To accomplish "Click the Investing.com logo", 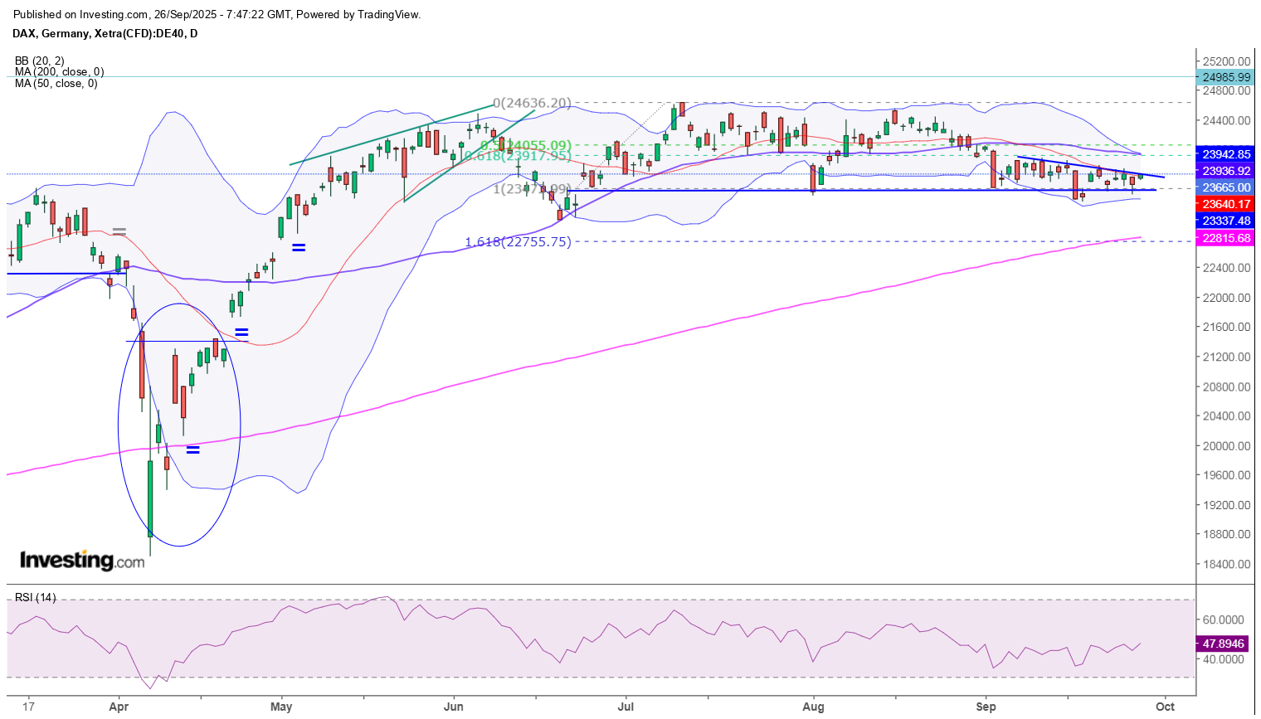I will tap(82, 561).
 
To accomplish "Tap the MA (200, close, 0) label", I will tap(59, 72).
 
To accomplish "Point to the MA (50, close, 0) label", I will tap(56, 84).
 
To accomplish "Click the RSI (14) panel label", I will tap(36, 598).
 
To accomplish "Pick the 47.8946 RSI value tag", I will tap(1224, 644).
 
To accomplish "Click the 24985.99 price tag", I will tap(1226, 77).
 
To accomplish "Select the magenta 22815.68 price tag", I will tap(1226, 238).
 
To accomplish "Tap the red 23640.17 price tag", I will tap(1226, 204).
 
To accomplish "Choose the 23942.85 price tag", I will tap(1226, 154).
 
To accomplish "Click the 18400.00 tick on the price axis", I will tap(1226, 565).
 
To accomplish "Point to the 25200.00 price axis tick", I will tap(1226, 61).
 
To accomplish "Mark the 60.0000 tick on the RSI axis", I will tap(1223, 620).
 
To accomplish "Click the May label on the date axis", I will tap(281, 707).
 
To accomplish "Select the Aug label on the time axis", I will tap(814, 707).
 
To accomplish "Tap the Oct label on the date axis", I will tap(1165, 707).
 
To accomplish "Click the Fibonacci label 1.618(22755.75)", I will tap(518, 242).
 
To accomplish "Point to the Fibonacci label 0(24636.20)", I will tap(532, 104).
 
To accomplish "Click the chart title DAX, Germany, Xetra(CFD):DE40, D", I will tap(105, 34).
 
